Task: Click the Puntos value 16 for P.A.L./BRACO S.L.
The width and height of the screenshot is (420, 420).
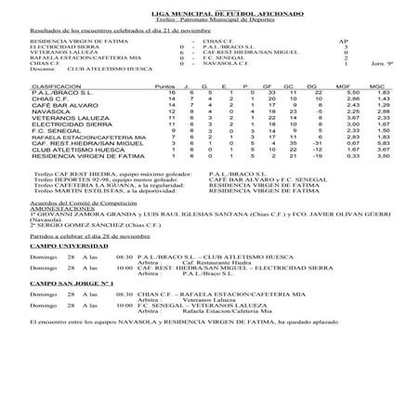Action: (172, 119)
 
